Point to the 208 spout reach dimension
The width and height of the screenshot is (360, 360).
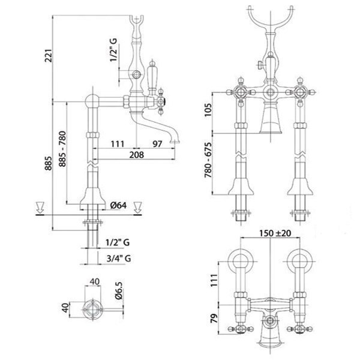point(136,155)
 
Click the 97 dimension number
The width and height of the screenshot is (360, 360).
point(157,144)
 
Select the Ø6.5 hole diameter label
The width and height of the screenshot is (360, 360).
point(119,290)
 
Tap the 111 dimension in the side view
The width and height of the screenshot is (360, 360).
point(117,144)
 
